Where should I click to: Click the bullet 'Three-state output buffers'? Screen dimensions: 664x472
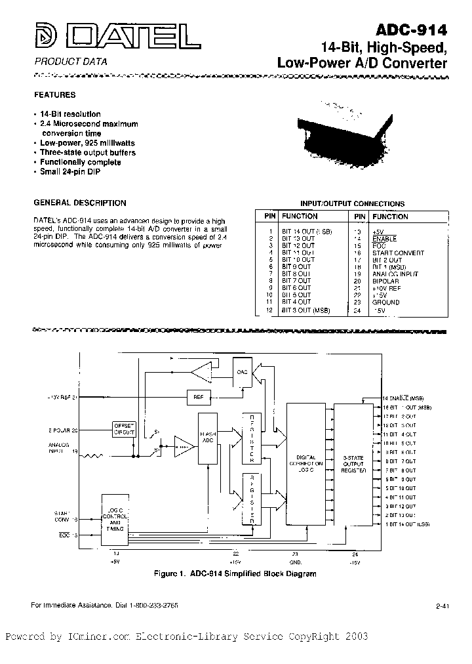pos(87,152)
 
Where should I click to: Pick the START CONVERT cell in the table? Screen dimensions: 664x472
pos(398,253)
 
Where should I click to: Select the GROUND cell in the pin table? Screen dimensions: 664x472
pos(385,302)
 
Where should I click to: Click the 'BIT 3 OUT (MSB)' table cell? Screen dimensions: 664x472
pos(307,310)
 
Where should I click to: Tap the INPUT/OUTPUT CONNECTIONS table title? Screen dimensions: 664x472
pos(352,203)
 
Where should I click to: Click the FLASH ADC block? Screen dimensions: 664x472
pos(208,440)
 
